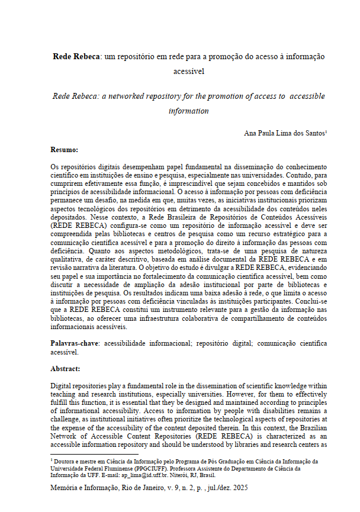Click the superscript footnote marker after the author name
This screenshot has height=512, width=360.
[326, 132]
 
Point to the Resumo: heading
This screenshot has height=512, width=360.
[65, 150]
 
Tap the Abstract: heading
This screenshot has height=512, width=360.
[66, 368]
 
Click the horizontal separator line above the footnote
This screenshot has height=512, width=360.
[86, 454]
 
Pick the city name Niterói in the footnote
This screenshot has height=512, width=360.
[198, 475]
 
